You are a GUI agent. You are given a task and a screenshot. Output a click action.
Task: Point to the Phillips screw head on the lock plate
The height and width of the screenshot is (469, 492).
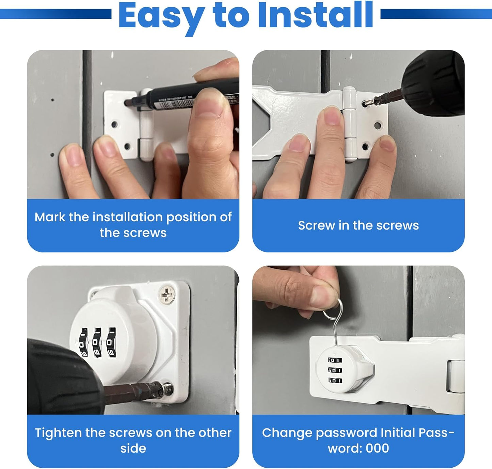coord(167,294)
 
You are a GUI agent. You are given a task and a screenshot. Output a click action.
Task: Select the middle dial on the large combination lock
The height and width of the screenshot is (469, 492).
coord(97,343)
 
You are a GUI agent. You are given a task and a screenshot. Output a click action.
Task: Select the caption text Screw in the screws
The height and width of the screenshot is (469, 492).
coord(358,225)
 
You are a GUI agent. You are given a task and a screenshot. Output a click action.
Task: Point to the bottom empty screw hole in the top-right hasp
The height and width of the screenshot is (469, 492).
coord(365,147)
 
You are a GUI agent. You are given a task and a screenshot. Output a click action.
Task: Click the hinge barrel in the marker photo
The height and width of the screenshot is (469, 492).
coord(146,124)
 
